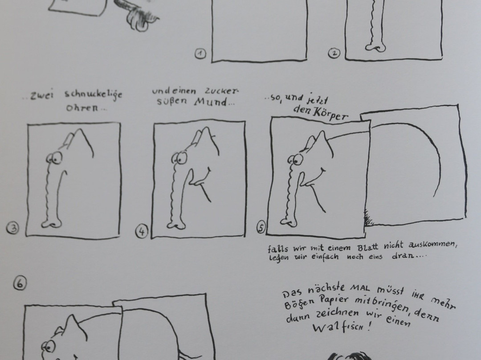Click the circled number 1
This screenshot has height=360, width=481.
point(200,54)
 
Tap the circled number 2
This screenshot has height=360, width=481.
point(334,53)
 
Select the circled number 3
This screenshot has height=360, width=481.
point(12,228)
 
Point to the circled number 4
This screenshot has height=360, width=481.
point(142,231)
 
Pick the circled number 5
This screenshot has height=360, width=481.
point(261,227)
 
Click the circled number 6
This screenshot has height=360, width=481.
point(20,283)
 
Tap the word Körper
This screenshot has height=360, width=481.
point(330,114)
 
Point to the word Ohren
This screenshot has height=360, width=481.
point(82,108)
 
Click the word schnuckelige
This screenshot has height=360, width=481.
point(93,94)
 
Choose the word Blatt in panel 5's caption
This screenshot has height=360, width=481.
point(368,247)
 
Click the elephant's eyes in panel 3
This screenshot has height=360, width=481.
point(54,158)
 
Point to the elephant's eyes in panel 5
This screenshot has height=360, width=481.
point(295,160)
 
